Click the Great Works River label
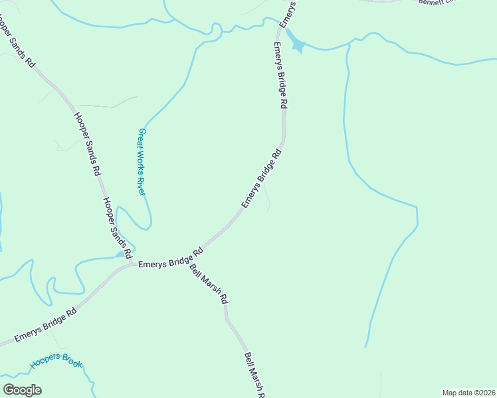(142, 161)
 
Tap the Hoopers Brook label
(56, 362)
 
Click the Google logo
(22, 390)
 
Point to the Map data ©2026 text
(469, 393)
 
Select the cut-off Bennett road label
(435, 2)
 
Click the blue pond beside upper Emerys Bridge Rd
(296, 46)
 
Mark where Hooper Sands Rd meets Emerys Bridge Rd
(130, 264)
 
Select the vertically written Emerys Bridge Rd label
(280, 76)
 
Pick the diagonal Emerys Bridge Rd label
(262, 179)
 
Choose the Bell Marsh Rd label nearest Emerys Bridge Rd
(209, 284)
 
